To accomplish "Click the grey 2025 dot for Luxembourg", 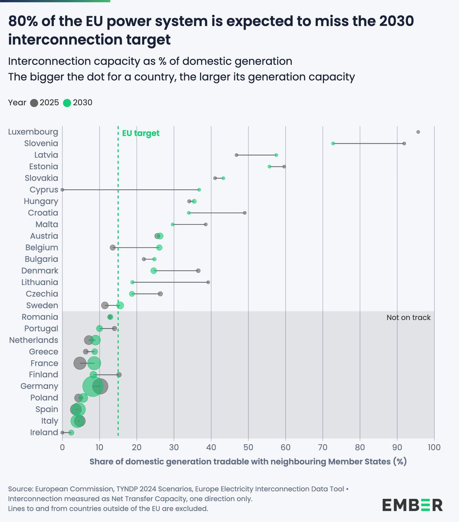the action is [x=418, y=132].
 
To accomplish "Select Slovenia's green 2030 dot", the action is [x=333, y=144].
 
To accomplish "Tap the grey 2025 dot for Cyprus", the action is [x=62, y=190].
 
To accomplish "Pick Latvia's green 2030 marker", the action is [x=276, y=155].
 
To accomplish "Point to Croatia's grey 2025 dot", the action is [x=245, y=213].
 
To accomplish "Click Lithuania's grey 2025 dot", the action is [x=208, y=282].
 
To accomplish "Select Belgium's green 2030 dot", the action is [x=160, y=248].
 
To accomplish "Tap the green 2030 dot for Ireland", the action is [x=71, y=432].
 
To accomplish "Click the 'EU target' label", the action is [x=140, y=133].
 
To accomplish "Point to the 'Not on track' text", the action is [x=409, y=318].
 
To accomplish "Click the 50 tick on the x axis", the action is [x=248, y=447].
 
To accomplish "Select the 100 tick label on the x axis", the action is [x=434, y=447].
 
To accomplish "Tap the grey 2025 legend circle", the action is [x=34, y=103].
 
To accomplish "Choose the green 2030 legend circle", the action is [x=67, y=103].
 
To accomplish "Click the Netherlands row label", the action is [x=33, y=340].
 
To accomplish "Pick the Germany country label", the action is [x=40, y=386].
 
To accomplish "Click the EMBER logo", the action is [x=412, y=505].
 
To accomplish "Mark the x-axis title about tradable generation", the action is [x=248, y=462].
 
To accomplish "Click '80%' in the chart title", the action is [x=23, y=21].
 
